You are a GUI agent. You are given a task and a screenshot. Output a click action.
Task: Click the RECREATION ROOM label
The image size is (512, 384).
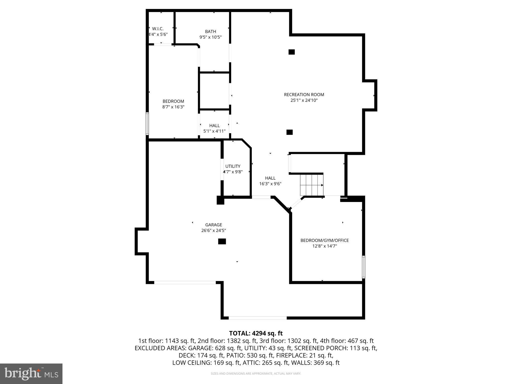tap(304, 95)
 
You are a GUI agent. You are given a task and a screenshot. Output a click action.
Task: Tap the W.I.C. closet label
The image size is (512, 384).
tap(158, 29)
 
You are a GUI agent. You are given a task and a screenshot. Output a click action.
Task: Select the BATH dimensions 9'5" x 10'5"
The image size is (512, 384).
tap(210, 37)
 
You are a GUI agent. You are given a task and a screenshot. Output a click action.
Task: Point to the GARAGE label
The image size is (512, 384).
tap(214, 225)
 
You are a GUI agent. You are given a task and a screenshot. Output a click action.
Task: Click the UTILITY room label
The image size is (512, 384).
tap(233, 166)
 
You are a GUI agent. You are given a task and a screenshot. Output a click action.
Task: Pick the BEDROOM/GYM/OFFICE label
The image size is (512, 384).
tap(324, 240)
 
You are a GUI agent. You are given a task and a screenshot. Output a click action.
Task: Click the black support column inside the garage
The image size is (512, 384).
tap(222, 241)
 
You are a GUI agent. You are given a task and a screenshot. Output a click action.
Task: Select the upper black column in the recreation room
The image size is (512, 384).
tap(292, 52)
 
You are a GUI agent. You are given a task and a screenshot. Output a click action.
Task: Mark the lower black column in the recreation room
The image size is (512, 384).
tap(290, 132)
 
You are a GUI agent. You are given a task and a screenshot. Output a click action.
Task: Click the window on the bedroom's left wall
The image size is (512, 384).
tap(147, 123)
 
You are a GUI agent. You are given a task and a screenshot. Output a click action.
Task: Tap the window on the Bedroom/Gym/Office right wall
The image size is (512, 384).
tap(364, 266)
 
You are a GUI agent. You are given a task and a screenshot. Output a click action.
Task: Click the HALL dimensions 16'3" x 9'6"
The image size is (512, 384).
tap(270, 184)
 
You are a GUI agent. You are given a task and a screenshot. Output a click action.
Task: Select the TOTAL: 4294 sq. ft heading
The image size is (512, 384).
tap(256, 333)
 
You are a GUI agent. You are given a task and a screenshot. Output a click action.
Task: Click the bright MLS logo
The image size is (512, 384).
tap(31, 374)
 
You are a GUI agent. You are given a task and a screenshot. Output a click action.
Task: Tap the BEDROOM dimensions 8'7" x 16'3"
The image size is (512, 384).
tap(173, 107)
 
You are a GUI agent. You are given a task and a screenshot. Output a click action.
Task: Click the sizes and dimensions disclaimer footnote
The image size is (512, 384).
tap(256, 374)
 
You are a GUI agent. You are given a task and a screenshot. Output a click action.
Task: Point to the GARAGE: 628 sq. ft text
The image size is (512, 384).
tap(215, 348)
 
